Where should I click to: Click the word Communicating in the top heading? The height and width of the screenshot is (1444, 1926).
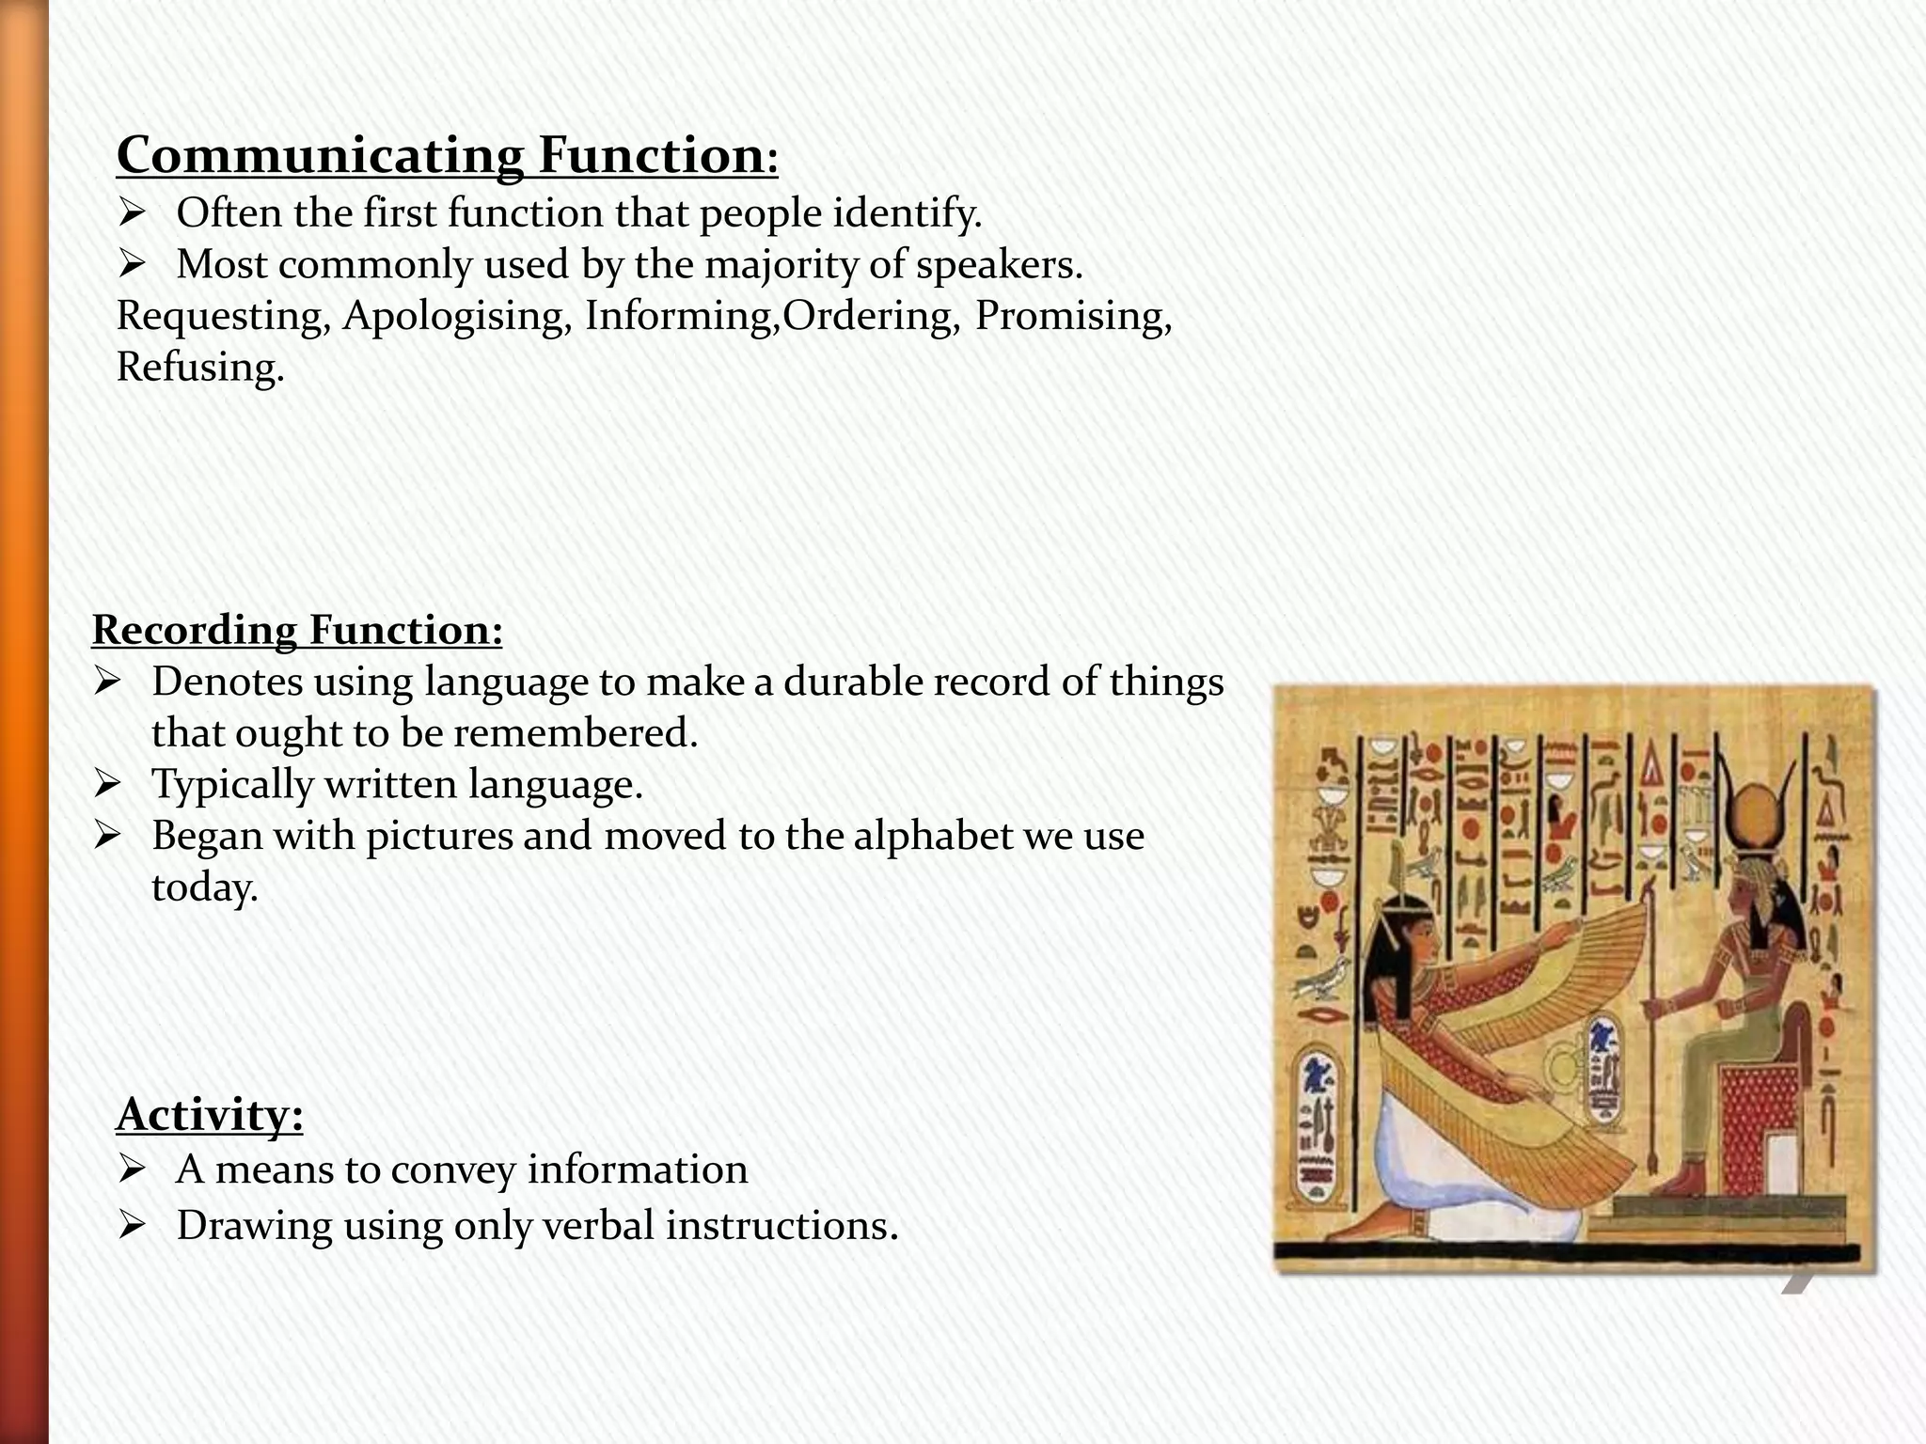coord(320,156)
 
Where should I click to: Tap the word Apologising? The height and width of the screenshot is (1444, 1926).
coord(457,316)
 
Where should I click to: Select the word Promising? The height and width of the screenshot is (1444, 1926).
coord(1072,316)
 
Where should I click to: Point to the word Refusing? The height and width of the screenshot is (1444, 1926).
coord(199,368)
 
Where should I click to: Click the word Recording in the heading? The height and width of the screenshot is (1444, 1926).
coord(194,630)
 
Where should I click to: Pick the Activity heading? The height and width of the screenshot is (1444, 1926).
coord(210,1115)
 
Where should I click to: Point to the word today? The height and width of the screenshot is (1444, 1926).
coord(204,887)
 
